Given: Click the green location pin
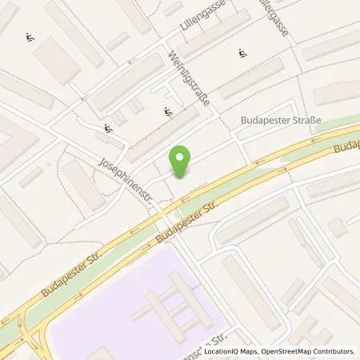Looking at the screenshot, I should [182, 160].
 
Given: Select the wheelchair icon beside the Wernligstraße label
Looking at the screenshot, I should [167, 111].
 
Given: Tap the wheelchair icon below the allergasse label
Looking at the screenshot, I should [241, 54].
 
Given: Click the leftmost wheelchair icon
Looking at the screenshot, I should [30, 35].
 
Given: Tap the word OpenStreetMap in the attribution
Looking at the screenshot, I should [289, 351].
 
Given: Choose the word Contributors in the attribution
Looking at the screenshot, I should [335, 351].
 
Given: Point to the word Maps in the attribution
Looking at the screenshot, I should [253, 351].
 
